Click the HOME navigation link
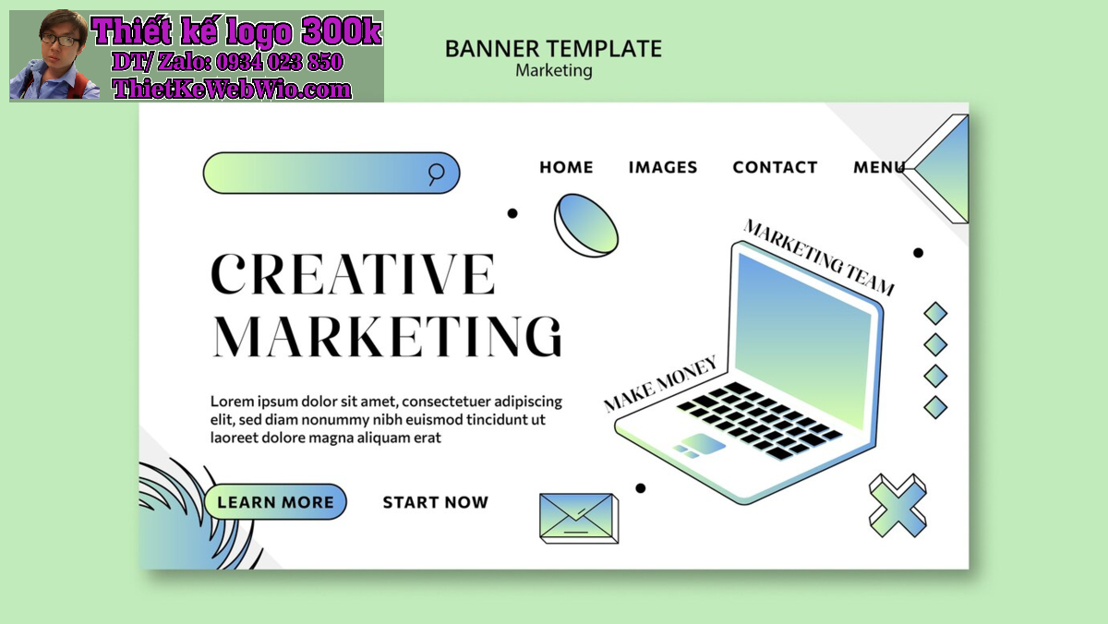click(566, 167)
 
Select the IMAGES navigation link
click(663, 167)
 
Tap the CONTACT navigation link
click(775, 167)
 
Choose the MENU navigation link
click(879, 167)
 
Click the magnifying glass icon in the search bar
click(435, 174)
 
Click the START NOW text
click(435, 502)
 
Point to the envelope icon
click(579, 518)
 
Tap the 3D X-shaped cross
click(897, 505)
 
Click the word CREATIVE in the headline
click(353, 273)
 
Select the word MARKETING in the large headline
click(387, 336)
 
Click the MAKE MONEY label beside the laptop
click(660, 384)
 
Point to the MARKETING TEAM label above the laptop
click(819, 258)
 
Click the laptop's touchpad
click(704, 442)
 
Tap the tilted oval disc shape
click(586, 225)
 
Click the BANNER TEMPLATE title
click(553, 49)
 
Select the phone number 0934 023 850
click(279, 62)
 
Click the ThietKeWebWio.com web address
click(232, 89)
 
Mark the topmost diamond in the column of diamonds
click(935, 314)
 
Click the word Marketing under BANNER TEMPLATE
click(553, 71)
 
